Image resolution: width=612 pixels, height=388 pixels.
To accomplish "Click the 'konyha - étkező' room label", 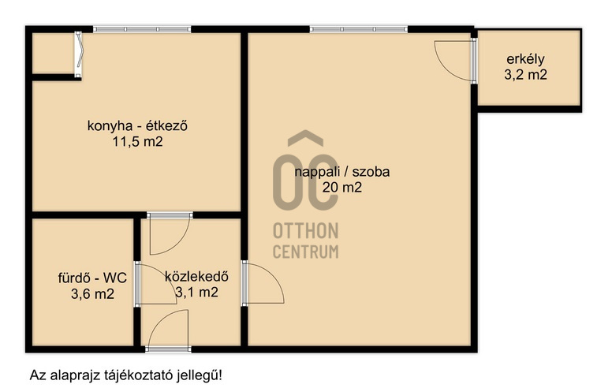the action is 137,126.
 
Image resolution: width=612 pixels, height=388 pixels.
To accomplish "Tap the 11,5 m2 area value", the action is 137,142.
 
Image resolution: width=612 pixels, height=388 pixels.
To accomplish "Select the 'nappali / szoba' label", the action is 342,172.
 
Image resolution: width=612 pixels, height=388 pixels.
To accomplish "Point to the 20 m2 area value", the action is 342,188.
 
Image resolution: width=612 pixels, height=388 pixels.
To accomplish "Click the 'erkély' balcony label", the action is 525,59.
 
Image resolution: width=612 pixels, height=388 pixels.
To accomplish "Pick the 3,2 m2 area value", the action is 525,75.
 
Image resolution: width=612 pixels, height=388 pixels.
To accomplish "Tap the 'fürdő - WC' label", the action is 92,278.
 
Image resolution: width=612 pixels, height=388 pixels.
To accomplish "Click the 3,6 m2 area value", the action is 92,293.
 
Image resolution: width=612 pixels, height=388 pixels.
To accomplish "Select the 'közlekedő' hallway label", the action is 196,276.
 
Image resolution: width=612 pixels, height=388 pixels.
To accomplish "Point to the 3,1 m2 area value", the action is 196,292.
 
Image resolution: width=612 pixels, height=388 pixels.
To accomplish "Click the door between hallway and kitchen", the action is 170,233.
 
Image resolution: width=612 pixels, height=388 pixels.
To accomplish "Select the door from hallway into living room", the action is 263,283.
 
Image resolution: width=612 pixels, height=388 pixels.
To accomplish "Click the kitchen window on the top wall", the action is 142,29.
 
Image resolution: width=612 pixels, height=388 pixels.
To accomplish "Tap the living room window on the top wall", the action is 359,29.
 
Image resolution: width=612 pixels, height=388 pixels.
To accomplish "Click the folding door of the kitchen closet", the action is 78,54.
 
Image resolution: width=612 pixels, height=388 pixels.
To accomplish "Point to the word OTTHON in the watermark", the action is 306,231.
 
